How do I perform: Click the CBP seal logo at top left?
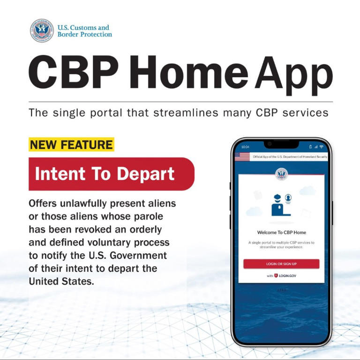pyautogui.click(x=42, y=31)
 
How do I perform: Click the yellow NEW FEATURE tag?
pyautogui.click(x=71, y=145)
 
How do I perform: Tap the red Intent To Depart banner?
pyautogui.click(x=105, y=174)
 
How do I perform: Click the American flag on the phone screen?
pyautogui.click(x=242, y=157)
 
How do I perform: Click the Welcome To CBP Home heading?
pyautogui.click(x=281, y=232)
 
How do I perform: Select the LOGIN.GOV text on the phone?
pyautogui.click(x=287, y=276)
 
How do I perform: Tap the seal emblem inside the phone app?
pyautogui.click(x=281, y=175)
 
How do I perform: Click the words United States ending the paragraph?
pyautogui.click(x=60, y=281)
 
